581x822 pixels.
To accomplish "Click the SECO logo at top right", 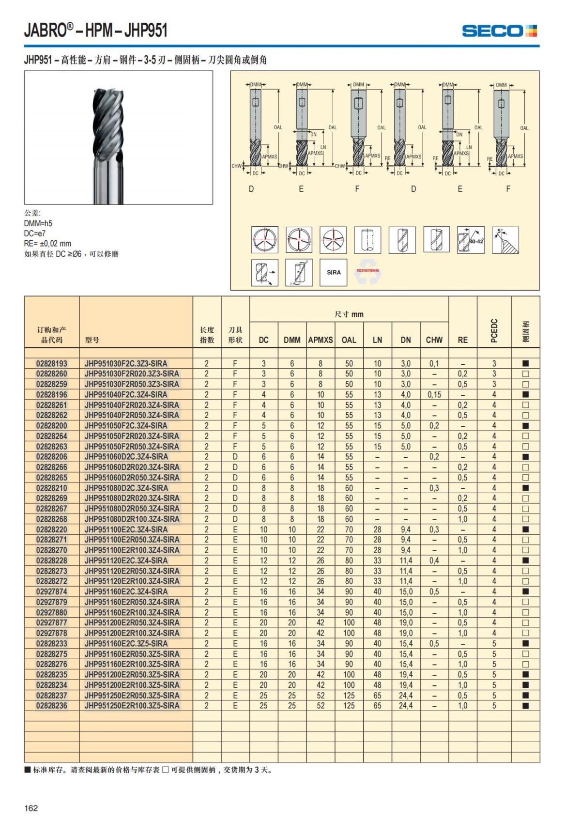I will [499, 31].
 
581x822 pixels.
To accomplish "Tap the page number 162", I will [31, 807].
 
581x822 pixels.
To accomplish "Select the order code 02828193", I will [52, 363].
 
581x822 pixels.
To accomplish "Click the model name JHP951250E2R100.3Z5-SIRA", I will [132, 706].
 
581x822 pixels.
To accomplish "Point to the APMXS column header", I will [321, 340].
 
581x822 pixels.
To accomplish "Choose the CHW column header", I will [434, 340].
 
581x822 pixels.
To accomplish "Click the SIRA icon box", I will [334, 272].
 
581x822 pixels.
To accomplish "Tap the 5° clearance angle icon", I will [505, 240].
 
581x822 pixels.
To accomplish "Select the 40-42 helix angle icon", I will [471, 240].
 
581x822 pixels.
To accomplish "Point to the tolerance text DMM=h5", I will [38, 223].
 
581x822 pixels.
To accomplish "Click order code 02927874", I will [52, 591].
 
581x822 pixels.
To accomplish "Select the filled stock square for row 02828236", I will [525, 706].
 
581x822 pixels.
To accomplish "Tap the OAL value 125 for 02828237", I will [349, 696].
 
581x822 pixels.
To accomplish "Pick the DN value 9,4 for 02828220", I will [405, 529].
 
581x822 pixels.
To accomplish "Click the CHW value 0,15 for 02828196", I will [434, 395].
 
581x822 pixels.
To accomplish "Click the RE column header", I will [462, 340].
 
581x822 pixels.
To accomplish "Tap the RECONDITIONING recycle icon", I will [368, 273].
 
